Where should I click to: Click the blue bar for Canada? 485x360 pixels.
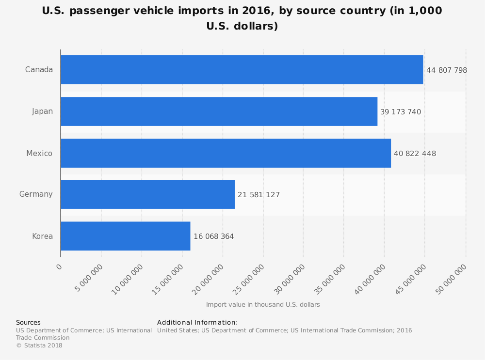click(242, 70)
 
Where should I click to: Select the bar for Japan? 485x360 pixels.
click(219, 111)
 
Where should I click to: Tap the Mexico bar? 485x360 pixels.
click(226, 153)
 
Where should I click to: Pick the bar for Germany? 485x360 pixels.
click(147, 194)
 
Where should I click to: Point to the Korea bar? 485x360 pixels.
click(125, 236)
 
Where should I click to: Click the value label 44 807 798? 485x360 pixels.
click(446, 70)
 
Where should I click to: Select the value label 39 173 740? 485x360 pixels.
click(400, 112)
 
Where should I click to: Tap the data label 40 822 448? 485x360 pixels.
click(415, 154)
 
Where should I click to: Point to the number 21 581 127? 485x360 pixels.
click(259, 195)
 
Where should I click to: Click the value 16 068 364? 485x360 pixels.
click(213, 236)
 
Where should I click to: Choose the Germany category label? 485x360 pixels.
click(36, 194)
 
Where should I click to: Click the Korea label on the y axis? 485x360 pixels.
click(42, 236)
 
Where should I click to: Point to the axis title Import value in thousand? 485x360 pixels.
click(262, 305)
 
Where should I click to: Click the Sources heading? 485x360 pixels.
click(28, 322)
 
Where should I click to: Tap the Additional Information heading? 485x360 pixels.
click(197, 322)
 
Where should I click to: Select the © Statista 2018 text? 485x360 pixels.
click(39, 345)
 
